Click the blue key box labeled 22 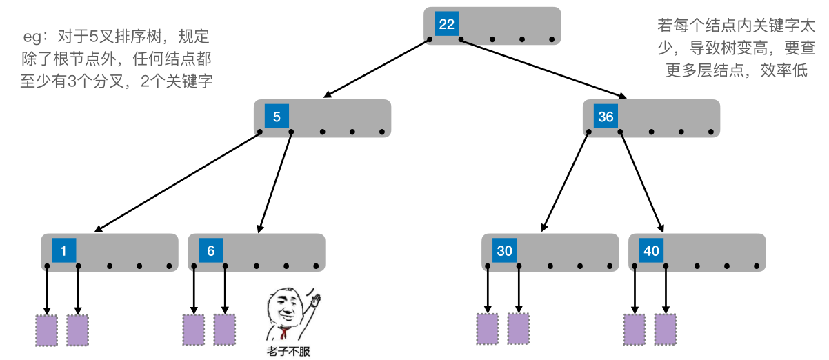(x=447, y=24)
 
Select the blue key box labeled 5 (x=277, y=117)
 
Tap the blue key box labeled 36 (x=606, y=117)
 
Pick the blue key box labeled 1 (x=63, y=251)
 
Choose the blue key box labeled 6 (x=210, y=251)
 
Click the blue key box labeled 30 (x=504, y=251)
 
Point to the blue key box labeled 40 (x=651, y=251)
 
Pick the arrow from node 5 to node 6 (x=274, y=181)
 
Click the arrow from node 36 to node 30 (x=566, y=181)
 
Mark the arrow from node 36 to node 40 (x=641, y=181)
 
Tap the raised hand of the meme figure (x=315, y=299)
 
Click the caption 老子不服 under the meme (x=288, y=352)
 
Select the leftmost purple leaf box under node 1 (x=46, y=330)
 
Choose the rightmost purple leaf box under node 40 (x=666, y=329)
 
